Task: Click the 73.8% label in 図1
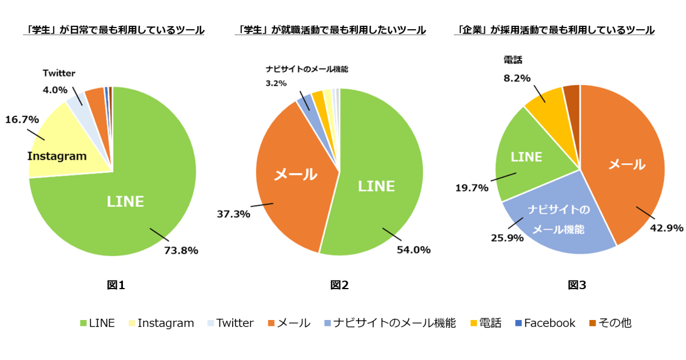tap(181, 250)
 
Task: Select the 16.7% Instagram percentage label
tap(22, 119)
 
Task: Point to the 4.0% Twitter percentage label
tap(55, 90)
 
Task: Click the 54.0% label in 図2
tap(413, 250)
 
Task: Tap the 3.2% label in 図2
tap(277, 83)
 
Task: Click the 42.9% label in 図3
tap(667, 228)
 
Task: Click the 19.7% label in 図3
tap(472, 187)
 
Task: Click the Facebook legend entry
tap(545, 323)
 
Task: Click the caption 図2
tap(339, 285)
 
